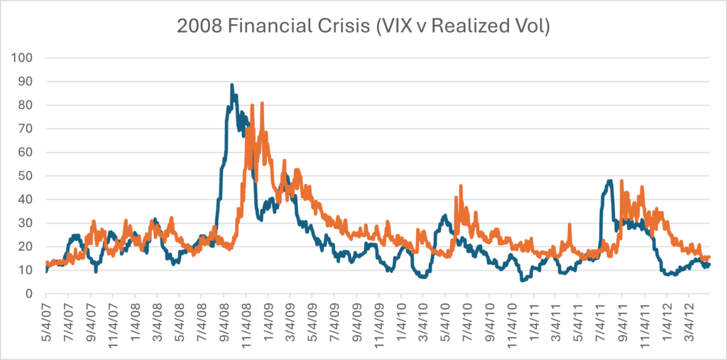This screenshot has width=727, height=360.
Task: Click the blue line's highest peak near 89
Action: [232, 85]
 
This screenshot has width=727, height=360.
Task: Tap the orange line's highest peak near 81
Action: [262, 104]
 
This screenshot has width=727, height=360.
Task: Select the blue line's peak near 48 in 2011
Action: [610, 181]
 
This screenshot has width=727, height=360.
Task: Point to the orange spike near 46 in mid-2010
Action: [461, 186]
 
